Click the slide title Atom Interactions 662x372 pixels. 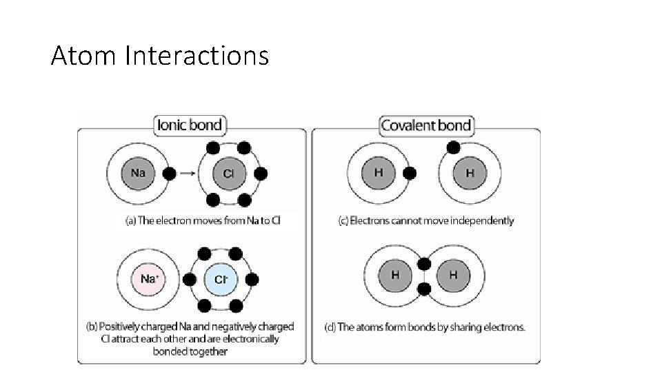[159, 55]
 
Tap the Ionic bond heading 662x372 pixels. [190, 125]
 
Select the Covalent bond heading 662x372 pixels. [425, 125]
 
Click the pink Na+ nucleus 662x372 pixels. [148, 279]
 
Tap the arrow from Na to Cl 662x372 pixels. [187, 174]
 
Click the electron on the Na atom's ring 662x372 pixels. [168, 174]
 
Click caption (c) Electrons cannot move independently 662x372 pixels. [425, 220]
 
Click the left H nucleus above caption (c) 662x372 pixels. [378, 173]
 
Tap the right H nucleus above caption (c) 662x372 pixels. [470, 173]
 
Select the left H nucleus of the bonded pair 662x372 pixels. [395, 275]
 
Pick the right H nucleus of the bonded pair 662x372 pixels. [453, 275]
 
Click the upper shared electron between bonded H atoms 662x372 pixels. [424, 264]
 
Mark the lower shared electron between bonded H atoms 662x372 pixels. [424, 289]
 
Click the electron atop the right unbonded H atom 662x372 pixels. [453, 147]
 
